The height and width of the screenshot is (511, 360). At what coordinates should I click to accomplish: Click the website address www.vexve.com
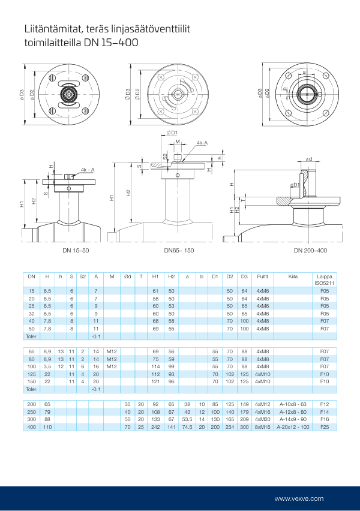(299, 498)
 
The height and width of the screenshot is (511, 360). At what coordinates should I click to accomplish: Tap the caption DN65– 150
(179, 250)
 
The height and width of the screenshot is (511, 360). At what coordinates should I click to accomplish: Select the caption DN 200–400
(310, 250)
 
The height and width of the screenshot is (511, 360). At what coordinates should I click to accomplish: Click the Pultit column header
(262, 276)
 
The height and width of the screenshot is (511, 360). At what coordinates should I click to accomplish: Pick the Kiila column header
(293, 276)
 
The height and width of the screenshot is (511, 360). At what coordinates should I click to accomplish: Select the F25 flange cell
(325, 426)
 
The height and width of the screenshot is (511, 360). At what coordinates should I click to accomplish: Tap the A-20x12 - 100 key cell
(293, 426)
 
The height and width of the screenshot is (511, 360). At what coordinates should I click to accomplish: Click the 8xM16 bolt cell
(262, 426)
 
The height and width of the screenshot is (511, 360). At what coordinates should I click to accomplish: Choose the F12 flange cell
(325, 405)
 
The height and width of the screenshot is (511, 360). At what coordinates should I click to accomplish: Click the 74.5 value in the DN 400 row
(187, 426)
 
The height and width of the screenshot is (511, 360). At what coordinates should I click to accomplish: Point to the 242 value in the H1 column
(155, 426)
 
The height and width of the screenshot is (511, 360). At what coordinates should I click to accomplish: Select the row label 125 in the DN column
(32, 374)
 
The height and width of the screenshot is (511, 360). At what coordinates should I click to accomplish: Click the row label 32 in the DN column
(32, 313)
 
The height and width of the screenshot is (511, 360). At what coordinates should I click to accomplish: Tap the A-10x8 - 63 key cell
(293, 405)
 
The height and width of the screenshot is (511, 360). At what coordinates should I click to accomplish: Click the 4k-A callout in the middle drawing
(202, 143)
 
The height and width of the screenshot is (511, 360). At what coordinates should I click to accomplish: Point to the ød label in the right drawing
(308, 159)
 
